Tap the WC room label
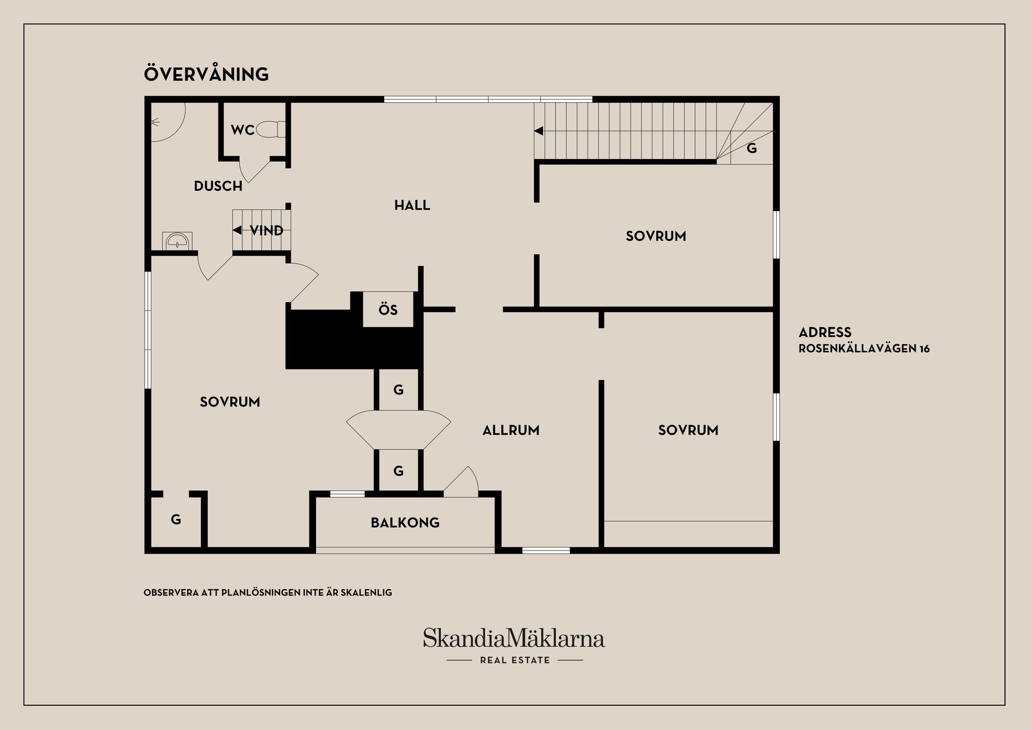click(242, 130)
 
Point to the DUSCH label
click(218, 186)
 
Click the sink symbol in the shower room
click(177, 241)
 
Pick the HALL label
click(412, 205)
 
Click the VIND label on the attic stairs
click(267, 231)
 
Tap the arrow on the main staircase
click(539, 131)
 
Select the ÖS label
click(388, 309)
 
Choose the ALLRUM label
click(511, 430)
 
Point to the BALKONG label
click(405, 523)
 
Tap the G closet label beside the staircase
click(752, 148)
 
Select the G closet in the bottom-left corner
click(176, 519)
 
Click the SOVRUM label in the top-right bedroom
click(656, 236)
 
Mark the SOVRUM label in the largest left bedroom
click(230, 402)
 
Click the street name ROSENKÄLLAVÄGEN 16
click(864, 348)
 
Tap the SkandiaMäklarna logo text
click(514, 638)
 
